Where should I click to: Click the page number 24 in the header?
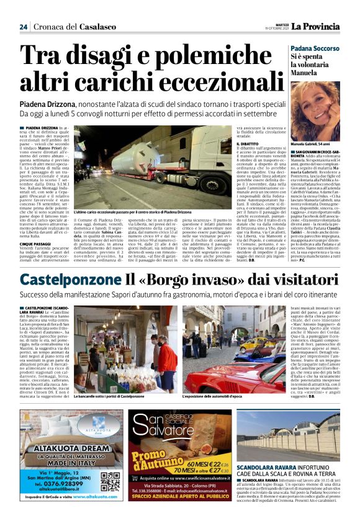click(x=23, y=26)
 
